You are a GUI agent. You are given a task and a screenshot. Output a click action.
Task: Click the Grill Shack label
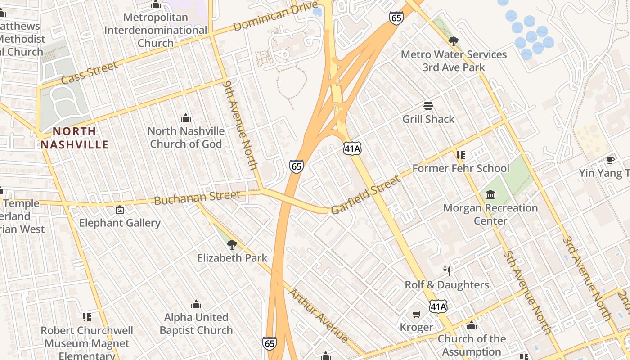428,119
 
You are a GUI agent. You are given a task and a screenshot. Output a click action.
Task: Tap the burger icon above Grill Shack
428,106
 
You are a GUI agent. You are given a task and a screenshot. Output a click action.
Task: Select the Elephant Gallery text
120,223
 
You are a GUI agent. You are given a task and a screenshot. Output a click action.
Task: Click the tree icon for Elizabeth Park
232,245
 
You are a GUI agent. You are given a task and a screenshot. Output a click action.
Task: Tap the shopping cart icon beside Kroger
417,314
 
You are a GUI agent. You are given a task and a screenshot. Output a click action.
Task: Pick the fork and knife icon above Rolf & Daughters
446,271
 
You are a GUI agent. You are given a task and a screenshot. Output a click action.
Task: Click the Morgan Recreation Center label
490,214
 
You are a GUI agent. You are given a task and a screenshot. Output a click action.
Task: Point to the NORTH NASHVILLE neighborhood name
75,138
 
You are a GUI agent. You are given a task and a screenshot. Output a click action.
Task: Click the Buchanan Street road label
197,198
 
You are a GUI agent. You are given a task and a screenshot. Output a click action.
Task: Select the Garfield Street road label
365,195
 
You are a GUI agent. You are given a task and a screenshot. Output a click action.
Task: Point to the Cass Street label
89,73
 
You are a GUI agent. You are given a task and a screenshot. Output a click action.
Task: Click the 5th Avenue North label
527,292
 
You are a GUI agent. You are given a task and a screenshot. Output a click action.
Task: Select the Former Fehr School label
461,169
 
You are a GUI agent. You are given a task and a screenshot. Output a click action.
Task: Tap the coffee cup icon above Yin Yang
611,160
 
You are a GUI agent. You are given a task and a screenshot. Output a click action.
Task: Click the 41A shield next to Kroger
438,307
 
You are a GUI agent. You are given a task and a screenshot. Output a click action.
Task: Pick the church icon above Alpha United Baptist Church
196,304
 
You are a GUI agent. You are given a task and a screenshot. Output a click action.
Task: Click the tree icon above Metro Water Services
454,41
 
